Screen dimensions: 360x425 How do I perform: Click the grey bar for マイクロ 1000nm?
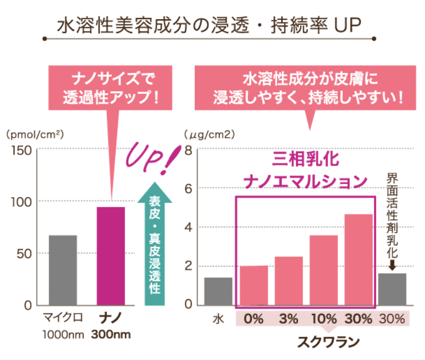(63, 270)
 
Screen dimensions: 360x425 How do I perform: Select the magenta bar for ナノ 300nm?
(111, 256)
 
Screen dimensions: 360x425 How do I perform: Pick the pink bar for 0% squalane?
(254, 285)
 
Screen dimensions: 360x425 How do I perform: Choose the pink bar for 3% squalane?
(288, 280)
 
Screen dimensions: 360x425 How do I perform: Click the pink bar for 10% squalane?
(323, 270)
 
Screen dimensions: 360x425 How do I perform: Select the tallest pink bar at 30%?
(359, 260)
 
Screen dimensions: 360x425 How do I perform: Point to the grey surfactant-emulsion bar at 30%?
(392, 289)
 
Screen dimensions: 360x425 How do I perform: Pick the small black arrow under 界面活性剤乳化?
(393, 265)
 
